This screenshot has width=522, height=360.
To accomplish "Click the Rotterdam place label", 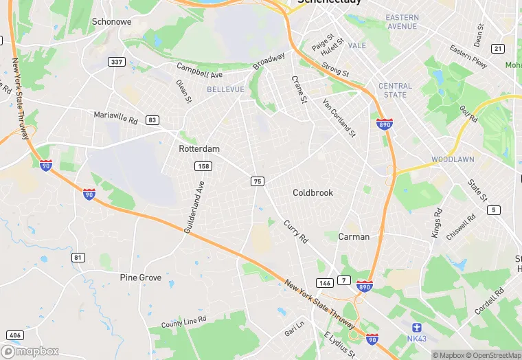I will (199, 148).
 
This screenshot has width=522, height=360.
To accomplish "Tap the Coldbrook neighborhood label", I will (313, 192).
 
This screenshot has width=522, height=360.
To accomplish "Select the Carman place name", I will (354, 236).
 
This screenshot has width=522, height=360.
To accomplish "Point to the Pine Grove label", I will (141, 278).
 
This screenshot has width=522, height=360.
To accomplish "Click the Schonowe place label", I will (112, 22).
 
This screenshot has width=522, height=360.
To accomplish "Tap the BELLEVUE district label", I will (225, 90).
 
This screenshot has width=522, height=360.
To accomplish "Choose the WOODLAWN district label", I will (453, 159).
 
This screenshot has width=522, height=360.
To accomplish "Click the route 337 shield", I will (117, 63).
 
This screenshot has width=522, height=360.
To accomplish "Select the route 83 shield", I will (152, 120).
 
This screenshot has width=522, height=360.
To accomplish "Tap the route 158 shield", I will (203, 166).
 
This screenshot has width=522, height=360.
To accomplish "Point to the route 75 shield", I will (258, 181).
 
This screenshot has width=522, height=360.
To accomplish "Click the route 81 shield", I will (78, 258).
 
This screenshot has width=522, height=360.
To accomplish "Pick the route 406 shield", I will (14, 335).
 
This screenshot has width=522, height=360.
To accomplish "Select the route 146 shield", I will (324, 282).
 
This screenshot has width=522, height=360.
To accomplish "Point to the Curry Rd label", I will (296, 230).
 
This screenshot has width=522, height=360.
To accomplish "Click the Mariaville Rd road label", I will (115, 117).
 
